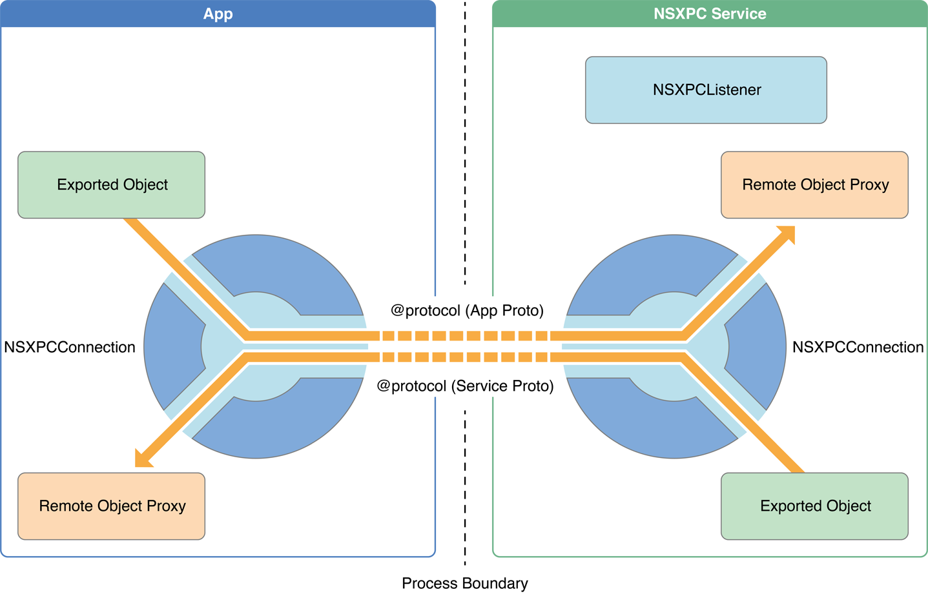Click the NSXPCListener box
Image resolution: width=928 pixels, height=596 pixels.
(x=706, y=90)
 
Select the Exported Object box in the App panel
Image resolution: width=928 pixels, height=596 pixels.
(x=111, y=185)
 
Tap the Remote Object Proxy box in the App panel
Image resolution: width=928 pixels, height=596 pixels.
(x=111, y=506)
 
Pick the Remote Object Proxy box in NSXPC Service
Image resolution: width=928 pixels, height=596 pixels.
(x=814, y=185)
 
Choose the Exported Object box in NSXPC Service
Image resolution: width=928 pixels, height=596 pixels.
(x=814, y=506)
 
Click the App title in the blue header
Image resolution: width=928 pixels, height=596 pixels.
(x=218, y=14)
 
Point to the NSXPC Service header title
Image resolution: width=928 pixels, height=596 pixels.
(x=710, y=14)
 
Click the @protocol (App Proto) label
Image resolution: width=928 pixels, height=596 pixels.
(x=467, y=311)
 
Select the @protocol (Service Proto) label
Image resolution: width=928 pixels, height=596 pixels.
(x=465, y=386)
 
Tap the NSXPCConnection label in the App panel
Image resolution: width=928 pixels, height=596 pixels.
(x=70, y=348)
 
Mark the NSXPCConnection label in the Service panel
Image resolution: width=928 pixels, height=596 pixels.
(x=858, y=348)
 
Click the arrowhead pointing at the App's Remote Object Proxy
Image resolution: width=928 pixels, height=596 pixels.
(x=141, y=459)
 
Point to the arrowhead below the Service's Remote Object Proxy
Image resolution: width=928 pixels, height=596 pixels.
(x=787, y=233)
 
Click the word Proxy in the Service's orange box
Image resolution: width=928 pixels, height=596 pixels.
(x=869, y=185)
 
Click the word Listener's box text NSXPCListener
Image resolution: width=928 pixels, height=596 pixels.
(x=706, y=90)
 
